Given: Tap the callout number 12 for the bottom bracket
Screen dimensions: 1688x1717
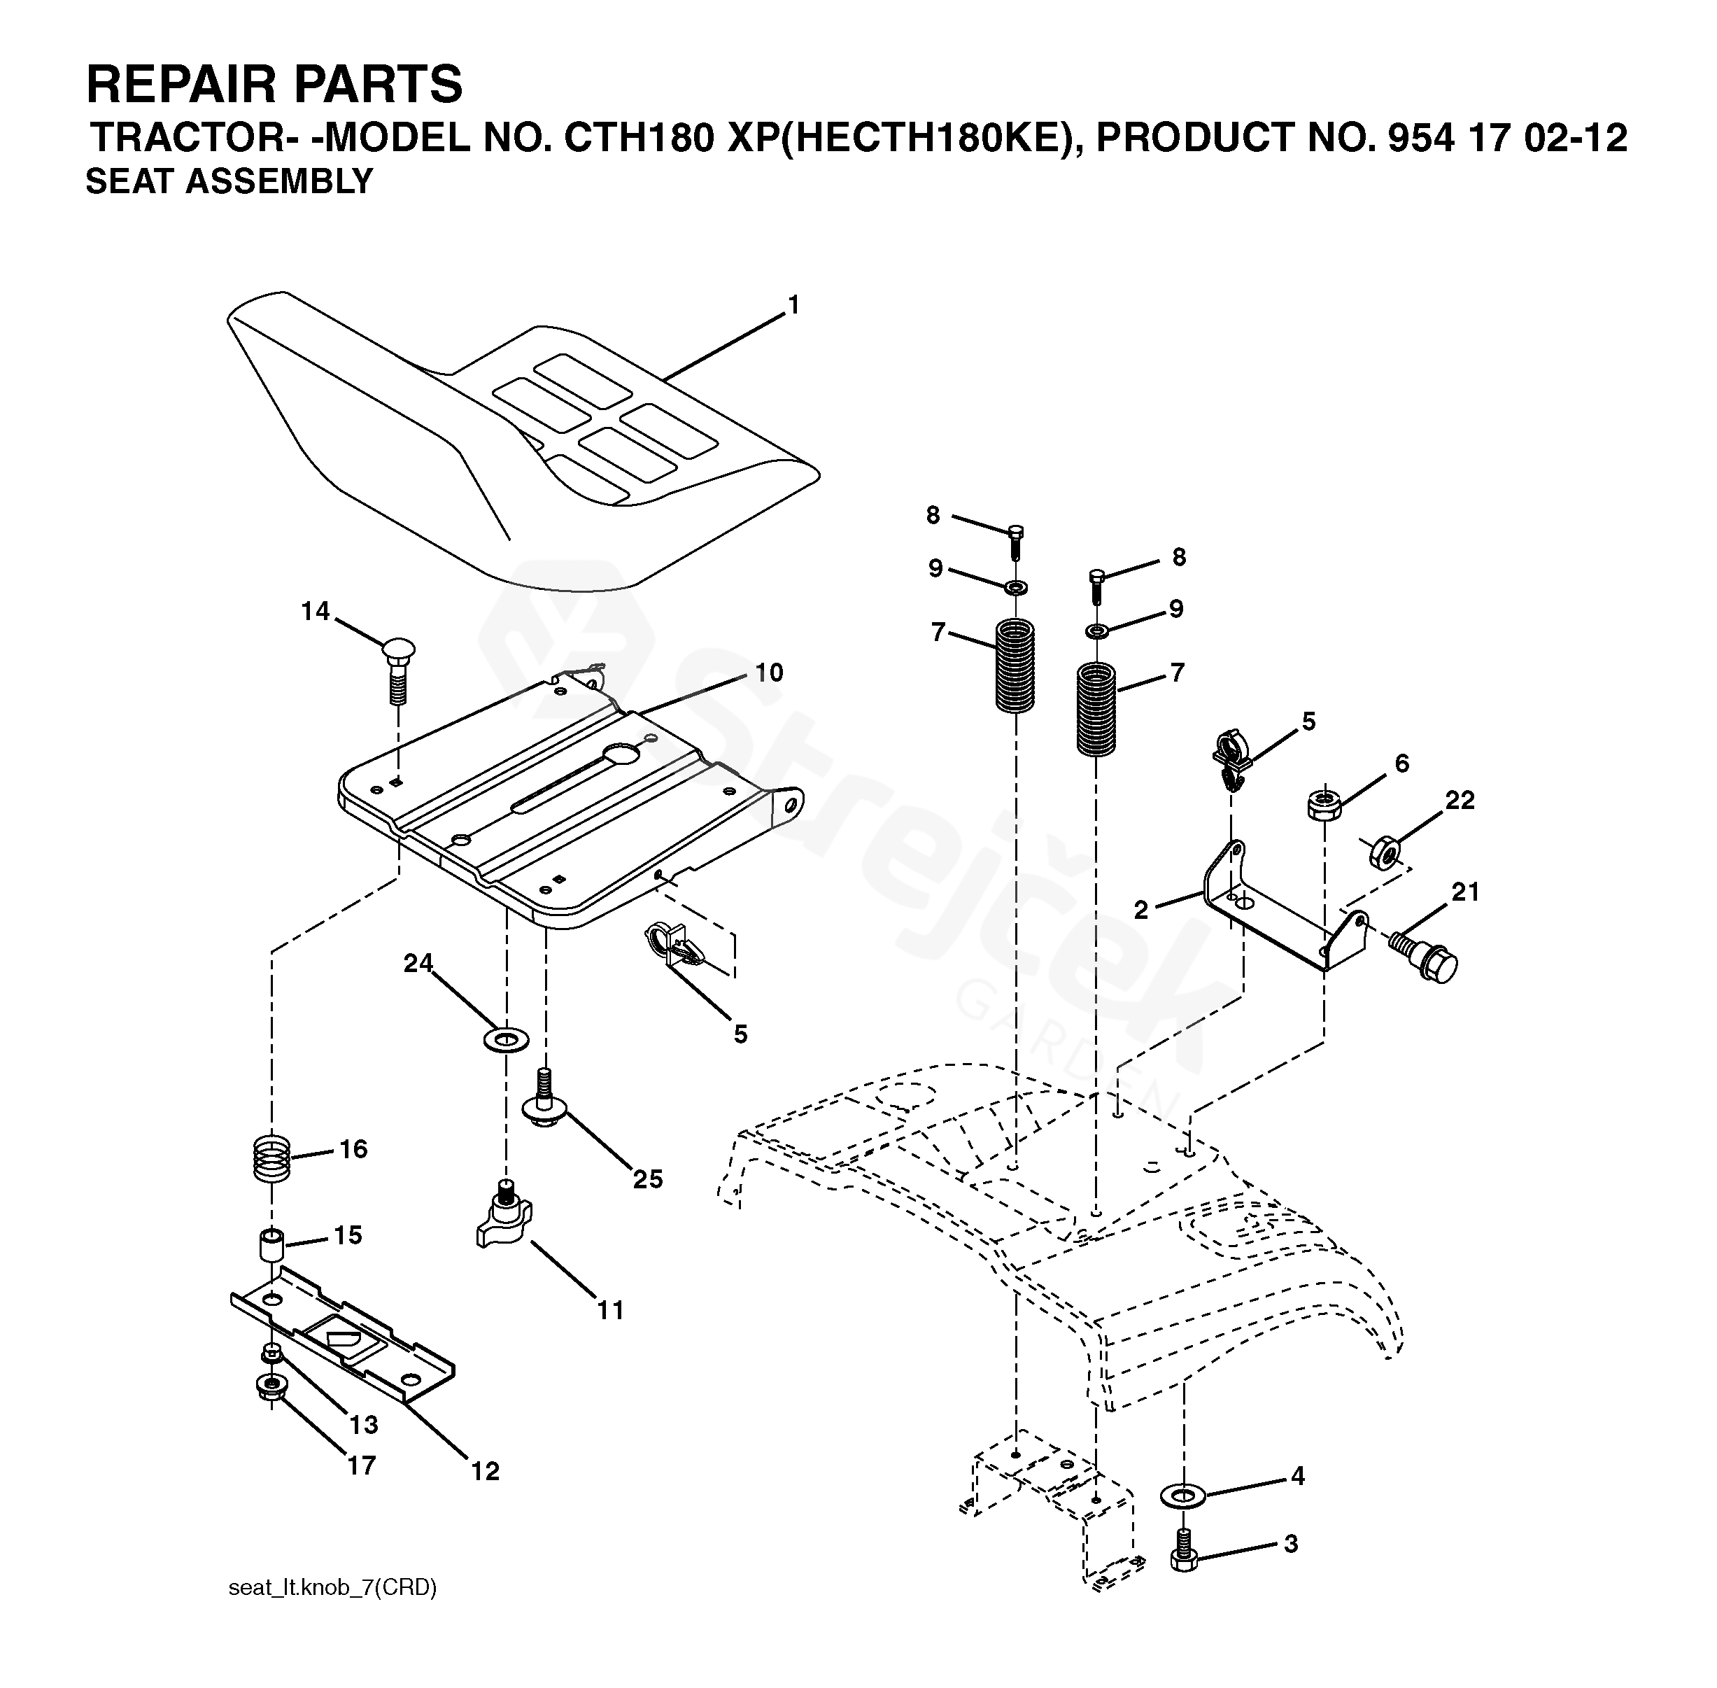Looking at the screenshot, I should point(485,1472).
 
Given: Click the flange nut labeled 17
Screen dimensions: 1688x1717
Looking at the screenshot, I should point(269,1386).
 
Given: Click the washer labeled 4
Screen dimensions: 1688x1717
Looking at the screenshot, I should point(1182,1496).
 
